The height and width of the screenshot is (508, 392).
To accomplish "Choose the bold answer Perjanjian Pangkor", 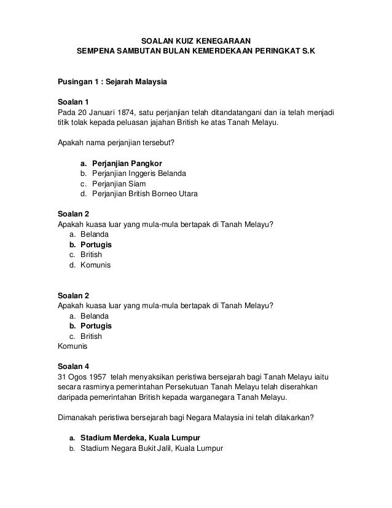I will coord(127,164).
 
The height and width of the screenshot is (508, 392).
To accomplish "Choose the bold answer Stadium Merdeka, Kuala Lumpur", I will coord(140,437).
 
